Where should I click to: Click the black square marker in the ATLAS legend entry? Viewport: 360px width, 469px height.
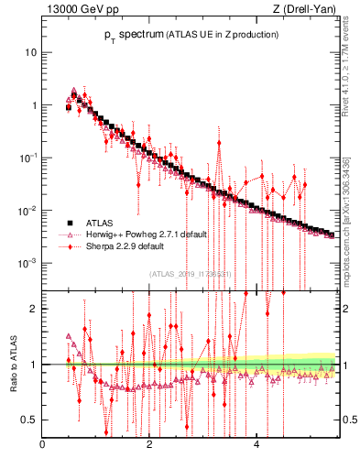tap(68, 223)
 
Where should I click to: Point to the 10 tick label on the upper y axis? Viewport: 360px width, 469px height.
tap(31, 52)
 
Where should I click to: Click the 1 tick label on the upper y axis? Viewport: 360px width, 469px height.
tap(34, 105)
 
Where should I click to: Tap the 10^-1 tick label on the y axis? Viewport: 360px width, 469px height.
tap(28, 158)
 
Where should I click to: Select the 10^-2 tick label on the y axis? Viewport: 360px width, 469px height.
tap(28, 211)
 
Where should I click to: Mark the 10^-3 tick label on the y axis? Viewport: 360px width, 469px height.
tap(28, 263)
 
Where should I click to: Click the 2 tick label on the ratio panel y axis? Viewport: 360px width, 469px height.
tap(34, 309)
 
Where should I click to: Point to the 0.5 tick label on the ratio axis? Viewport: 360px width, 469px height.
tap(30, 420)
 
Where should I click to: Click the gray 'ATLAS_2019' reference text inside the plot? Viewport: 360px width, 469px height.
tap(190, 273)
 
